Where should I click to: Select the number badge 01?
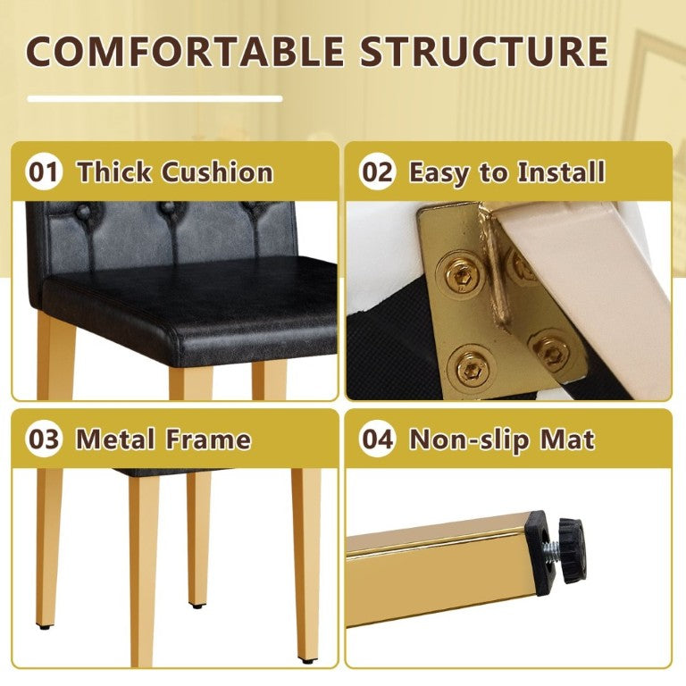[x=43, y=171]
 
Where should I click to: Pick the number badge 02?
[x=377, y=171]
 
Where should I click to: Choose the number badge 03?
[x=43, y=439]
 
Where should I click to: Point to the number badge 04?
[x=377, y=439]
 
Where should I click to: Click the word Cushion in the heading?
[x=217, y=171]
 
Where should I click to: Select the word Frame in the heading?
[x=208, y=439]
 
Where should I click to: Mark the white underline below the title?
[x=155, y=99]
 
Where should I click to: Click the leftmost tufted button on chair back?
[x=84, y=212]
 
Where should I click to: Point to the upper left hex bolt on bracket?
[x=462, y=275]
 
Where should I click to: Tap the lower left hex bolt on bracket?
[x=472, y=370]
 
